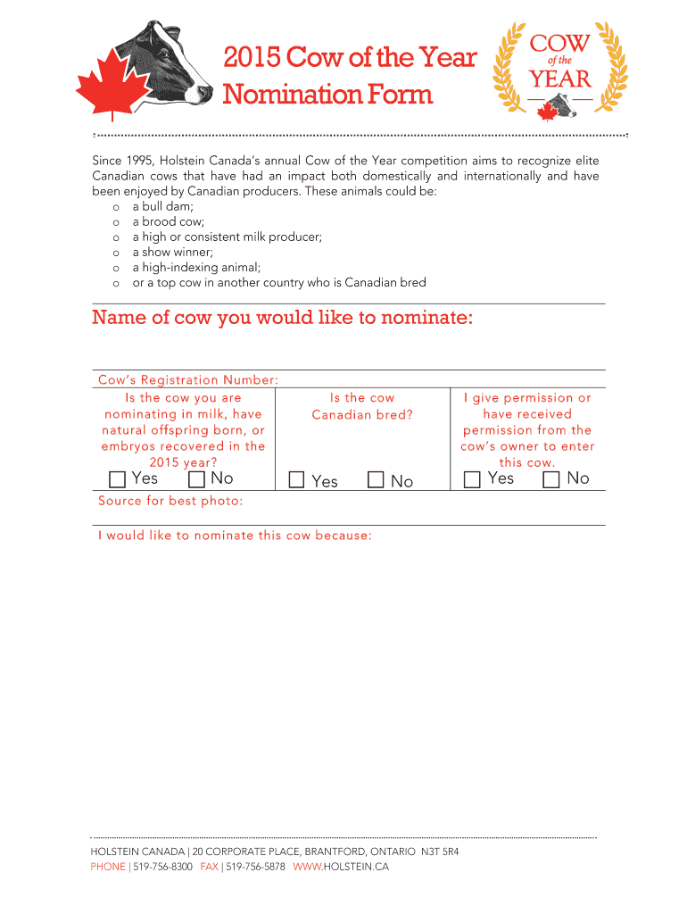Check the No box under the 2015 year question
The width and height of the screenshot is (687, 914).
[197, 479]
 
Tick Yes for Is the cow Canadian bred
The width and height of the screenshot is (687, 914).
[297, 480]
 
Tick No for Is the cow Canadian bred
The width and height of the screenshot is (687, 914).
[376, 480]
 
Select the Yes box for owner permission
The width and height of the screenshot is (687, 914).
[472, 479]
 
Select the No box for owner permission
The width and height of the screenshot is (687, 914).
[551, 479]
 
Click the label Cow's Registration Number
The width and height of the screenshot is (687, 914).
[188, 380]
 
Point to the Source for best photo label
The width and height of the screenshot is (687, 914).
[170, 501]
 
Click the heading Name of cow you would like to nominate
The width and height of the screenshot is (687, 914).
[282, 319]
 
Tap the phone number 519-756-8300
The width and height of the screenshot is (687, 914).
[162, 867]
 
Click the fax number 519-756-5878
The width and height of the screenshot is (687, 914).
[255, 867]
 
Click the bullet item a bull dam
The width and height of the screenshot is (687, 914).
[162, 206]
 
